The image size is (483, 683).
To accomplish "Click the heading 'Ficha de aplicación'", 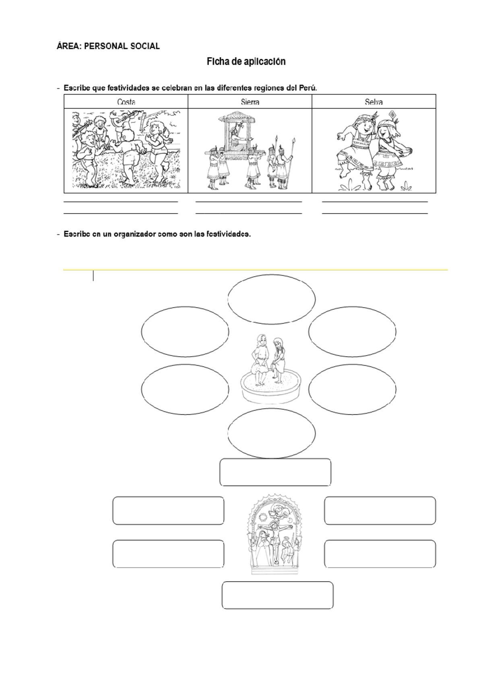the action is click(x=246, y=62).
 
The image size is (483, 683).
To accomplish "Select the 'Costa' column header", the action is click(x=126, y=102).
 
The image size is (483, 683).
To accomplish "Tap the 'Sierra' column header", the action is click(x=250, y=102).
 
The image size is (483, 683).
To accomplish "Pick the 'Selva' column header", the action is click(x=374, y=102).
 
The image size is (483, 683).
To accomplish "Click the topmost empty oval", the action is click(x=272, y=299).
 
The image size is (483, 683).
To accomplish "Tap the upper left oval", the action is click(x=185, y=331).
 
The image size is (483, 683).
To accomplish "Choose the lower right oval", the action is click(x=352, y=389).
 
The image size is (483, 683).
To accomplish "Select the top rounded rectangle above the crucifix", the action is click(x=275, y=472).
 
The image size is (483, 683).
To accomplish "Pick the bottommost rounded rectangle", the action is click(x=277, y=595).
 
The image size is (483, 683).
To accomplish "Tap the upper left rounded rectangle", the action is click(x=168, y=511).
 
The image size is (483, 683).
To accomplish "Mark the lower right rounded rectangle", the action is click(x=380, y=554).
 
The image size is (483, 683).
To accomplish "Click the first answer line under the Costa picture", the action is click(x=121, y=202).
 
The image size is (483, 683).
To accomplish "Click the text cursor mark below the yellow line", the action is click(x=93, y=276).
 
